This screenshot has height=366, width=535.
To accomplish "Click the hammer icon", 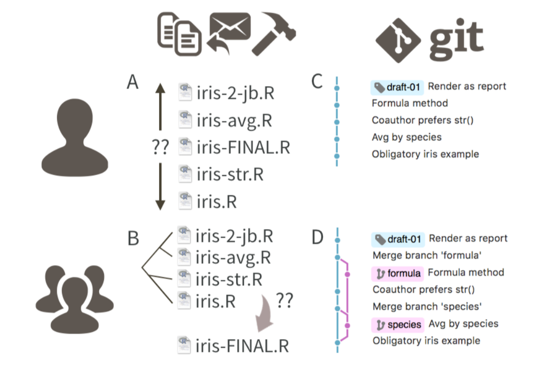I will [x=273, y=36].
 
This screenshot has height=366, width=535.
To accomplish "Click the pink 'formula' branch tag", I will [x=398, y=273].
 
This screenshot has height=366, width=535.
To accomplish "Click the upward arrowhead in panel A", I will [x=160, y=90].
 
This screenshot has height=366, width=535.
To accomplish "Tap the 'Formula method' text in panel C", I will [x=410, y=104].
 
